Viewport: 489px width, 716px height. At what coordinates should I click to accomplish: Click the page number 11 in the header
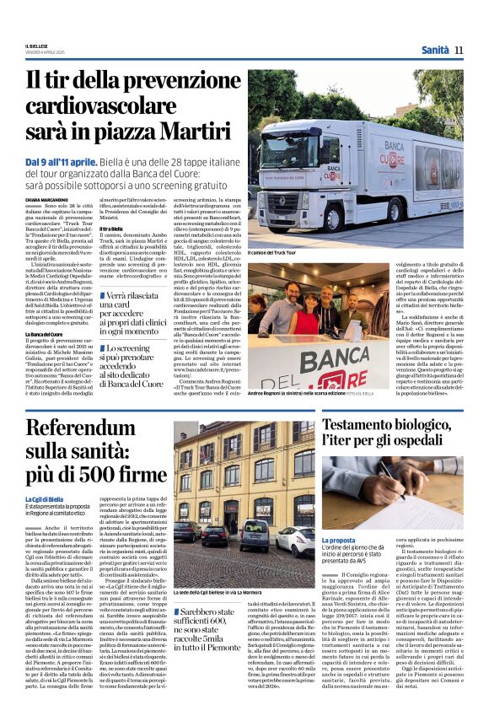(459, 50)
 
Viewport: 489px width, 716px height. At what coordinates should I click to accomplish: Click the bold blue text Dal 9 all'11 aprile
(61, 161)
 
